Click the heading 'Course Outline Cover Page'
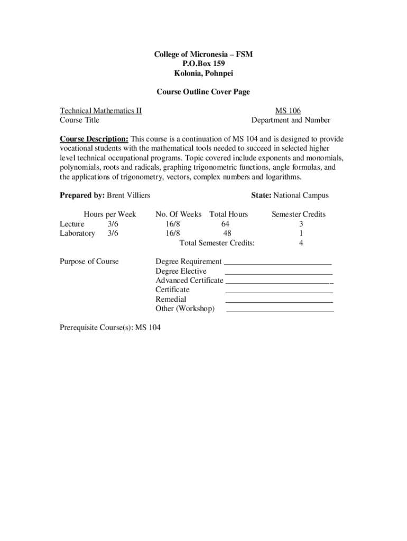point(203,92)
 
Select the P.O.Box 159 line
point(203,64)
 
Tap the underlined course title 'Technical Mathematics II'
point(100,110)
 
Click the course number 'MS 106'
point(288,110)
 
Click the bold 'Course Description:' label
point(94,139)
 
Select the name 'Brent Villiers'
point(128,195)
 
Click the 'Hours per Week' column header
point(110,214)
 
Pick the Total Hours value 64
point(225,223)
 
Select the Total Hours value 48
point(227,233)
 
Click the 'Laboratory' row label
point(77,233)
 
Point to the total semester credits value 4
point(301,242)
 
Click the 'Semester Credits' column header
point(299,214)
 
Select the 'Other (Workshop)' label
point(185,309)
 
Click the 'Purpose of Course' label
point(89,261)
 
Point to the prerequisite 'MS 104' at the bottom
point(147,328)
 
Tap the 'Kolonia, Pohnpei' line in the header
point(203,73)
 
